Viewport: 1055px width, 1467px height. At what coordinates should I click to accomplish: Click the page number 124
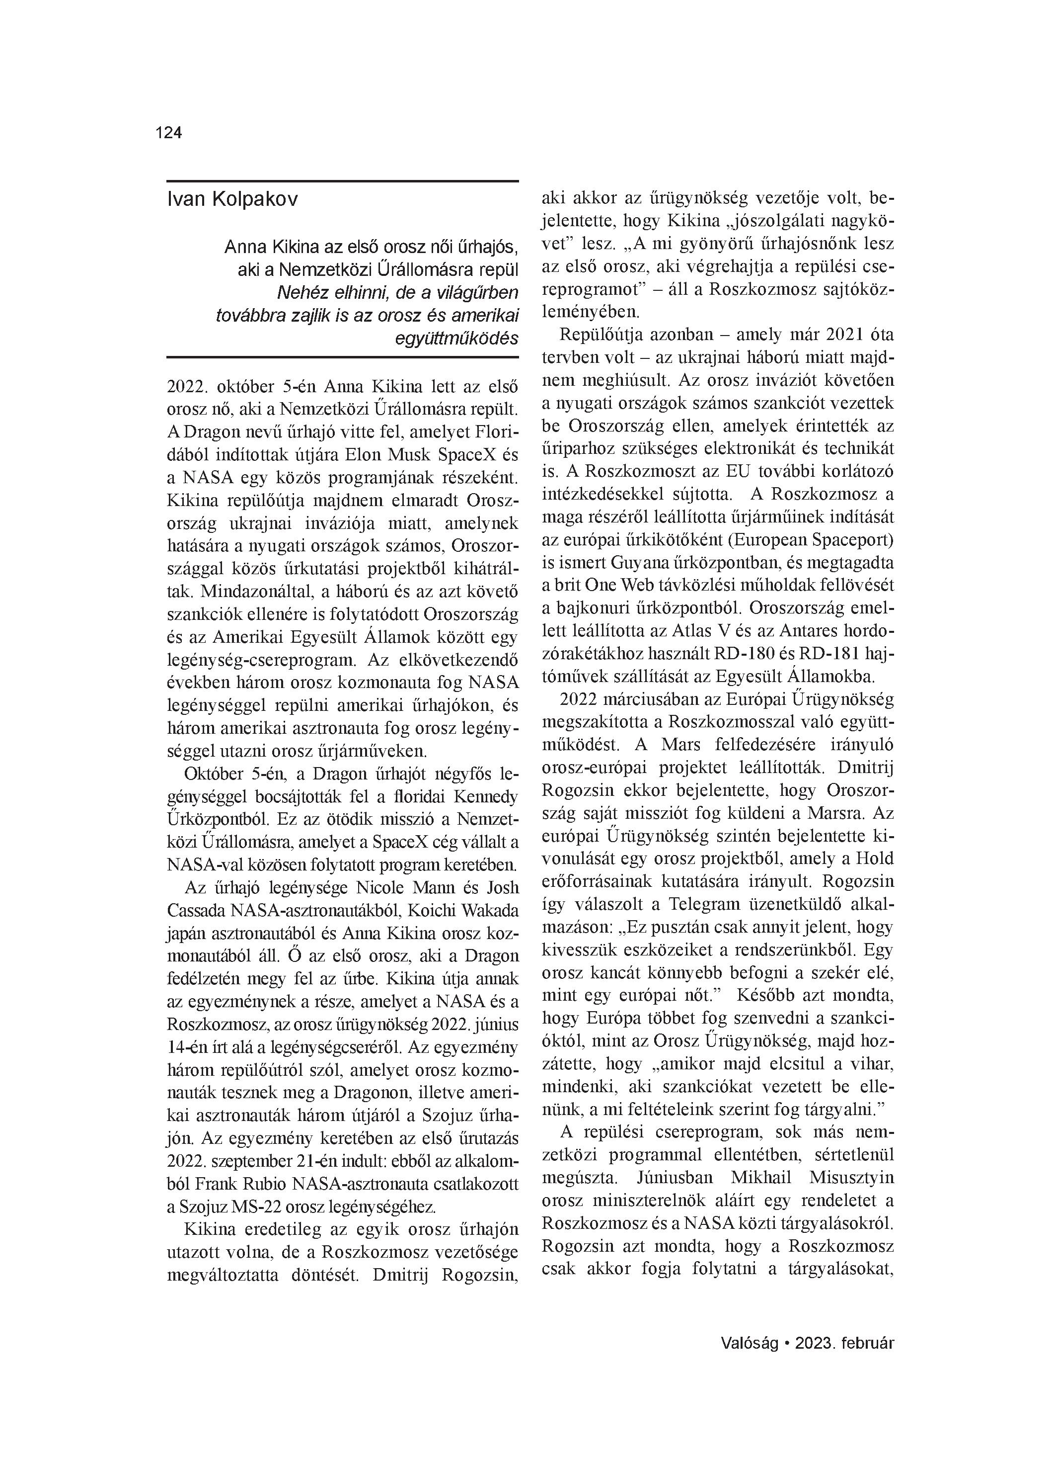[x=169, y=133]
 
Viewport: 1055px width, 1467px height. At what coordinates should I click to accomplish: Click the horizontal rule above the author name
[x=343, y=181]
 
